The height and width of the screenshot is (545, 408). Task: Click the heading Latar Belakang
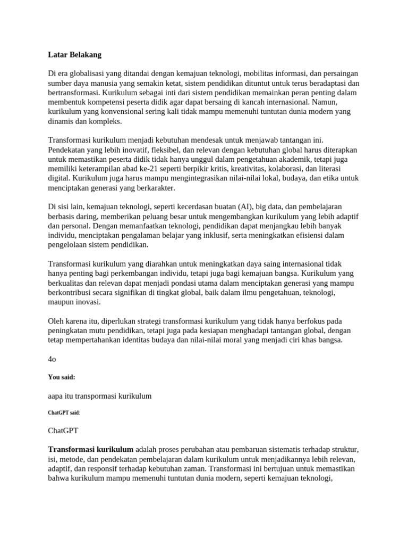(74, 55)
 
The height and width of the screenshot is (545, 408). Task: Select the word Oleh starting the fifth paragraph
(56, 321)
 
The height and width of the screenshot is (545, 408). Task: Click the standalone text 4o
(52, 359)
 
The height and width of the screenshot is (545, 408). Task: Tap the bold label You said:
(62, 377)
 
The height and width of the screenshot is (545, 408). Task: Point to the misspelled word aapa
(57, 395)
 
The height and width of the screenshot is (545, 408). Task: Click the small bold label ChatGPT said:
(64, 412)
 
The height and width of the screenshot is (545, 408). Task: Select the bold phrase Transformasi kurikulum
(91, 449)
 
